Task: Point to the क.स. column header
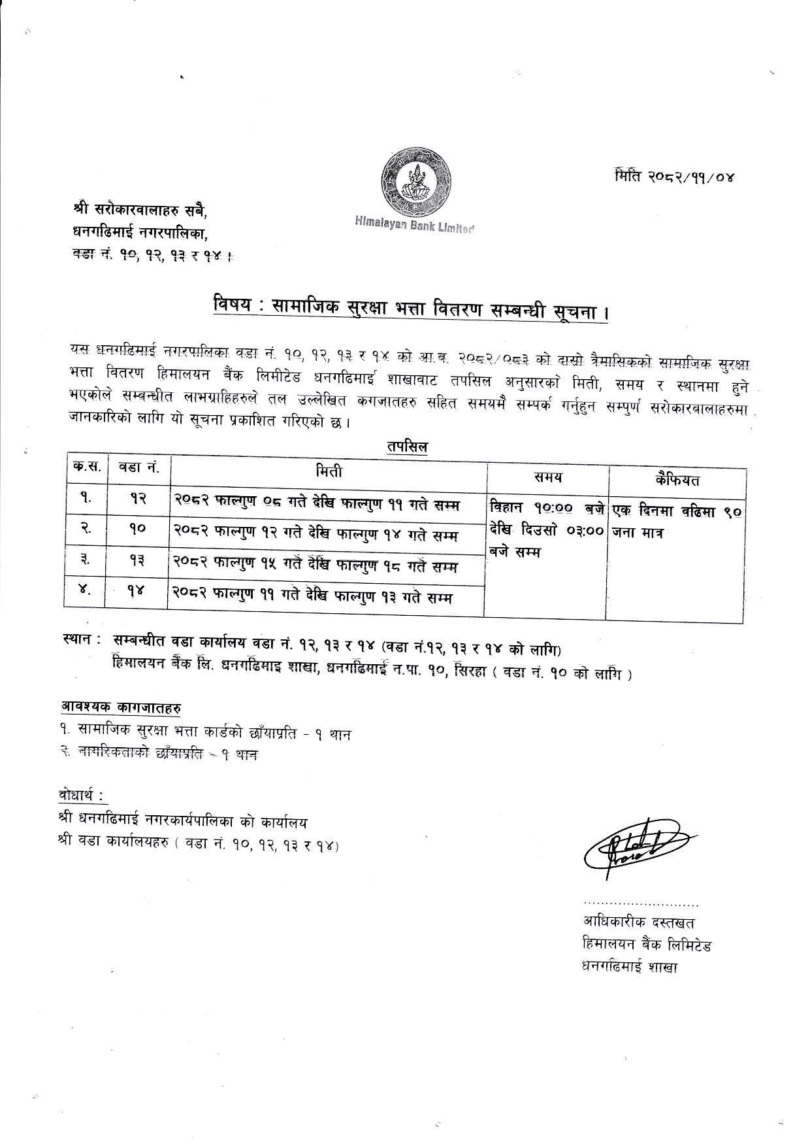pyautogui.click(x=86, y=469)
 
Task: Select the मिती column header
pyautogui.click(x=328, y=471)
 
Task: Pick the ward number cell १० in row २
pyautogui.click(x=137, y=530)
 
